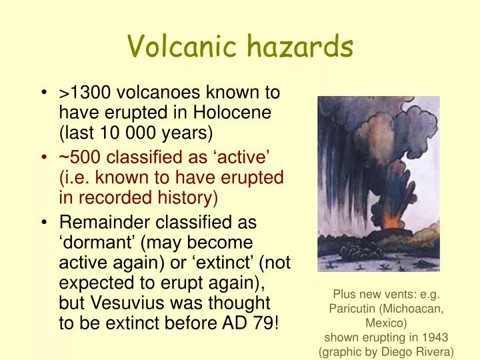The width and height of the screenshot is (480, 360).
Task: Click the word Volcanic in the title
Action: coord(179,47)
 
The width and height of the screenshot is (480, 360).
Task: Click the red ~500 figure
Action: coord(79,157)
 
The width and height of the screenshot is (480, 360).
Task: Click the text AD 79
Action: coord(250,323)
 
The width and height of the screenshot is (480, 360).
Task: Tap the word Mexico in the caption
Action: coord(385,323)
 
